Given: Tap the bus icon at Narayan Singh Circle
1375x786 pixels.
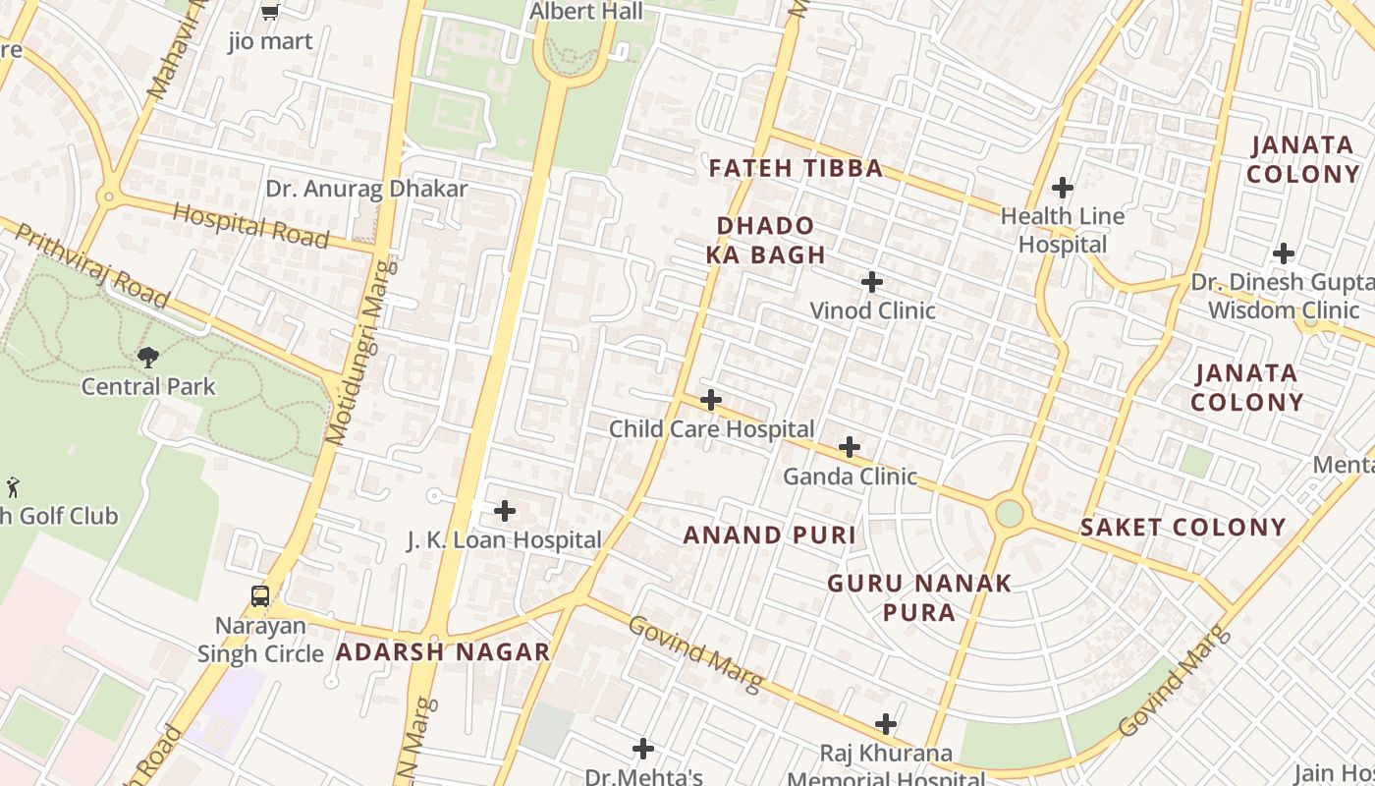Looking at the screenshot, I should (x=260, y=595).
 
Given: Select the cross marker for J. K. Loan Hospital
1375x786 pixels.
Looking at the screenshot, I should (x=504, y=511).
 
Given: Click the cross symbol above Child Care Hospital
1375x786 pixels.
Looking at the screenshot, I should (x=711, y=400).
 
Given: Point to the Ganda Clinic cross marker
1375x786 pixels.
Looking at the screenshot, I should (x=850, y=448).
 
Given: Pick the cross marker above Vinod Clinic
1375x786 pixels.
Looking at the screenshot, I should (x=871, y=283).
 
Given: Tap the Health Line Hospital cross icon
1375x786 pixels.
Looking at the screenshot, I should (x=1062, y=187).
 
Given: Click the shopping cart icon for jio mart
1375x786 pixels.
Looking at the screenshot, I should (x=270, y=12).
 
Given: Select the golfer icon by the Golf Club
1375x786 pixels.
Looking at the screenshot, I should (x=13, y=486).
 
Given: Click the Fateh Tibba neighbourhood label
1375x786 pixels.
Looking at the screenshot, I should (x=796, y=168).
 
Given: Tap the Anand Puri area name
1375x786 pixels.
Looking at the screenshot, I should (x=769, y=535).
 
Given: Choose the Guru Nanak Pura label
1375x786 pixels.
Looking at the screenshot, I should (x=918, y=597).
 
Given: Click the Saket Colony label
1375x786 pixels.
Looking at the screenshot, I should (x=1182, y=528).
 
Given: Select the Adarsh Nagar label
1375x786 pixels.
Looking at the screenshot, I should (x=443, y=651).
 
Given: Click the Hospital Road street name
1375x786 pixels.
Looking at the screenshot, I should (x=250, y=225).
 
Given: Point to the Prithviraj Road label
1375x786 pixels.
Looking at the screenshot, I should (x=93, y=265).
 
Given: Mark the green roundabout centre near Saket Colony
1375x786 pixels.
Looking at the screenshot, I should (x=1009, y=513).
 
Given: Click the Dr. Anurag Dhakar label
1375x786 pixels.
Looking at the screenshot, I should (x=366, y=189).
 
